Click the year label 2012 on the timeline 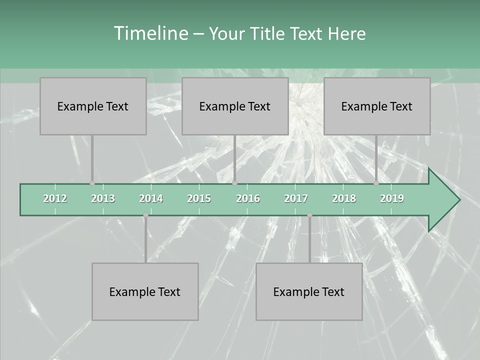point(55,198)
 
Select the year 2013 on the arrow point(103,198)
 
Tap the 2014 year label point(151,198)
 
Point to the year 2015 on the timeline point(199,198)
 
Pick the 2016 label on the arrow point(248,198)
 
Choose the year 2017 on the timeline point(296,198)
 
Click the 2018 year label point(344,198)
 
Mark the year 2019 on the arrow point(392,198)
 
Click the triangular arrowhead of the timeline point(442,200)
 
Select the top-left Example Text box point(93,106)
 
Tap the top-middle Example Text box point(235,106)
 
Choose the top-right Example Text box point(377,106)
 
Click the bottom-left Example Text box point(145,291)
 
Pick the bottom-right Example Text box point(309,291)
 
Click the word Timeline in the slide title point(150,33)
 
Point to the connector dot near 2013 point(92,183)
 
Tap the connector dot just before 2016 point(235,183)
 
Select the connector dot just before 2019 point(376,183)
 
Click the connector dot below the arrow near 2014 point(145,215)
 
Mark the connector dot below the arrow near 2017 point(309,215)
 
